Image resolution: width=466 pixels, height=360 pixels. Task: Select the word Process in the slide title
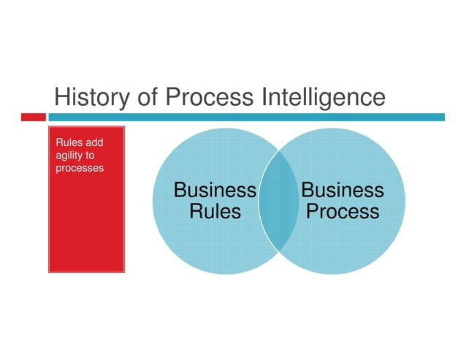(209, 97)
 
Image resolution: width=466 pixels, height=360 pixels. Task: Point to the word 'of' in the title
(148, 97)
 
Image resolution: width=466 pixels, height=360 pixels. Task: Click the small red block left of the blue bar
(33, 117)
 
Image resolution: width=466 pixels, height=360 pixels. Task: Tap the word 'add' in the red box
(93, 142)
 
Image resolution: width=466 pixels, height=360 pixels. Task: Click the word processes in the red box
(80, 168)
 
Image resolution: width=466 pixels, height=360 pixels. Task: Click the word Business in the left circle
(215, 191)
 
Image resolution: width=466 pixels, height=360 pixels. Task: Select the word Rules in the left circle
(215, 212)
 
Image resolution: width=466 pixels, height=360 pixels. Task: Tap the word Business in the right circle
(342, 191)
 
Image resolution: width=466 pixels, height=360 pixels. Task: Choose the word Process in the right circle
(342, 212)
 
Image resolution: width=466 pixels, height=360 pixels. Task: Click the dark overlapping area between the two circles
(278, 201)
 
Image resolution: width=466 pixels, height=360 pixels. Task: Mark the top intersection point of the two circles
(278, 152)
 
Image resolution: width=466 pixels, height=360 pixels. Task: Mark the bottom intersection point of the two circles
(278, 250)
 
